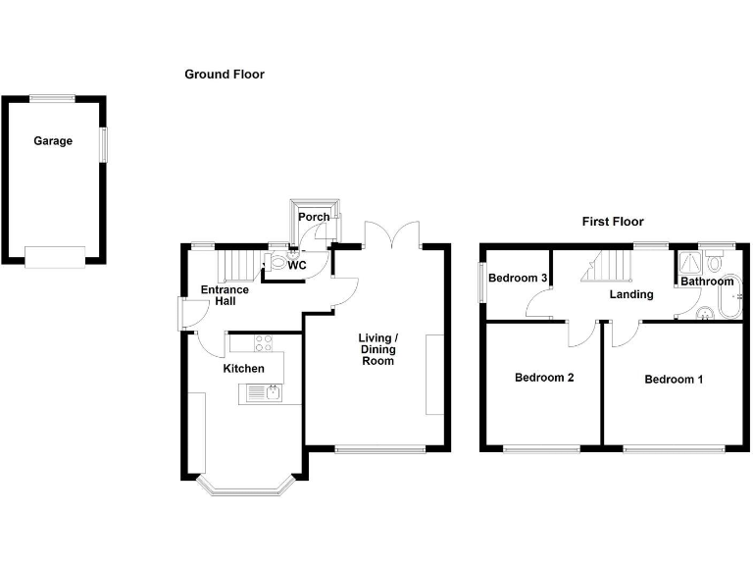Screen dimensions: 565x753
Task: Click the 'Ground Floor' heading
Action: (x=225, y=75)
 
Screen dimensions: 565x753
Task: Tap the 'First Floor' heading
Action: (x=613, y=222)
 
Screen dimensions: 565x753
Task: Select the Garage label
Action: (x=53, y=141)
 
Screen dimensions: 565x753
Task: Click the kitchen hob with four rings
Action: (x=264, y=343)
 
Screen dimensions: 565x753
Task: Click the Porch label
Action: (x=314, y=217)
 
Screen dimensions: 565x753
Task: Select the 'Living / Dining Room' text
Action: (x=377, y=349)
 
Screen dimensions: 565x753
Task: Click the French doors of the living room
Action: (x=392, y=235)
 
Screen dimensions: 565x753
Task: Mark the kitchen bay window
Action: (x=245, y=485)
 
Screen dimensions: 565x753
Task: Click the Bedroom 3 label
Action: (x=518, y=279)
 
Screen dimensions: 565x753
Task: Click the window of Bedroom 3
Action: (x=482, y=282)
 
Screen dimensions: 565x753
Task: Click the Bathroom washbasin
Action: (x=705, y=313)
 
